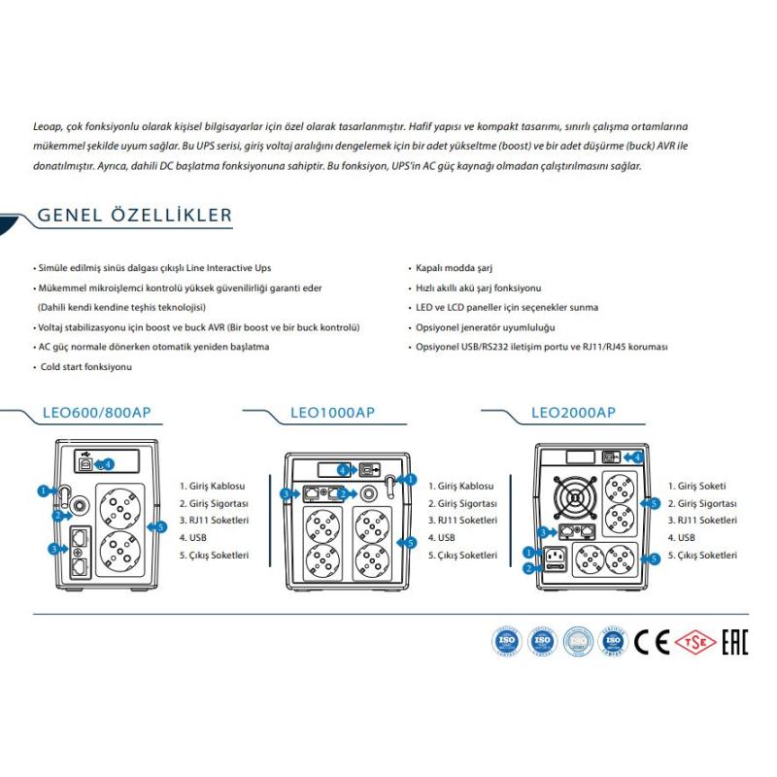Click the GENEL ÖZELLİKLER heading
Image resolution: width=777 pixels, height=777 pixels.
[134, 215]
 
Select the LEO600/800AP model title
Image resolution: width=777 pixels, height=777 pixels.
[96, 412]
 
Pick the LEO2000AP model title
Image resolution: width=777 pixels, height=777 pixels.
[573, 412]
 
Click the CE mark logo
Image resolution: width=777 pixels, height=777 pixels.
[653, 642]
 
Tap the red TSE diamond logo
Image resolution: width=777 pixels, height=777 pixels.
[691, 642]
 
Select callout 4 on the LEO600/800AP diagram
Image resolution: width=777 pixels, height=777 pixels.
[108, 463]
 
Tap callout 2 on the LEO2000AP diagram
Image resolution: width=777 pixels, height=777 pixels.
[528, 568]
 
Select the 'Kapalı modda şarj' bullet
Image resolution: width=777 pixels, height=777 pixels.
[455, 267]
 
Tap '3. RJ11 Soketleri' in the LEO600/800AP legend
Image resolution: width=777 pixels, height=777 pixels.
[214, 521]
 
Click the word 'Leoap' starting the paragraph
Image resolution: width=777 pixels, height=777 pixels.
[48, 125]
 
